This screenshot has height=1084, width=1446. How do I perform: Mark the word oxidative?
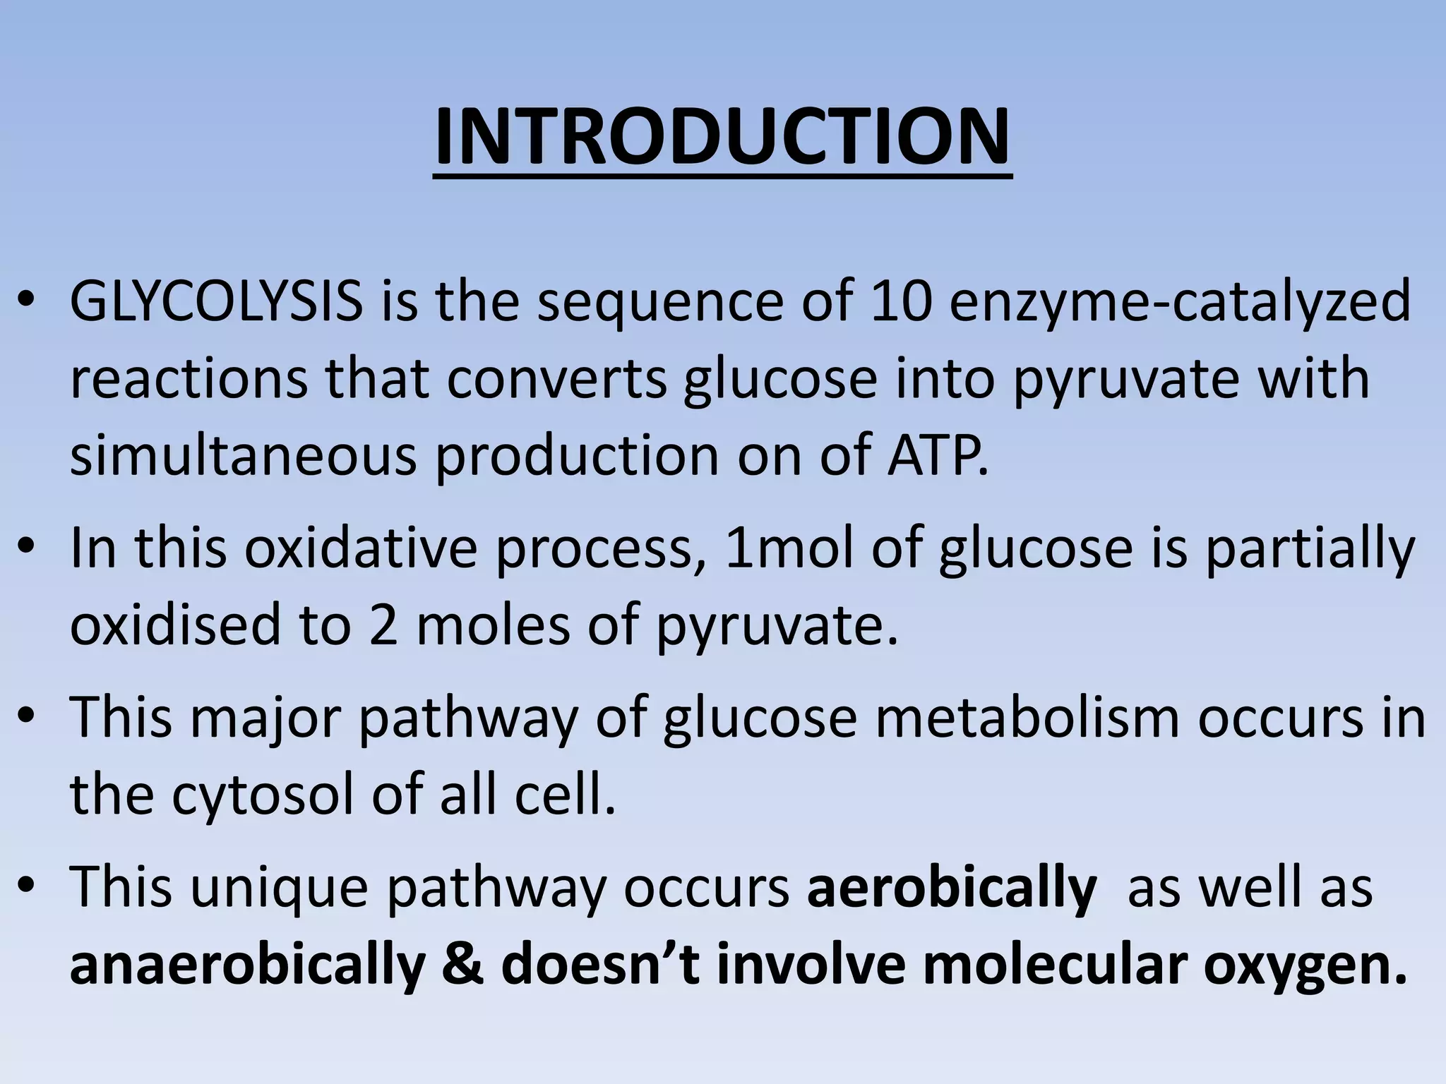(361, 548)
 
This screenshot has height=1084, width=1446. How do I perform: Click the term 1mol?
(789, 548)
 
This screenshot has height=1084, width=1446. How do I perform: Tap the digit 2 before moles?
(383, 625)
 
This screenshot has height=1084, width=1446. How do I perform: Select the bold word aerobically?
(951, 888)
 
